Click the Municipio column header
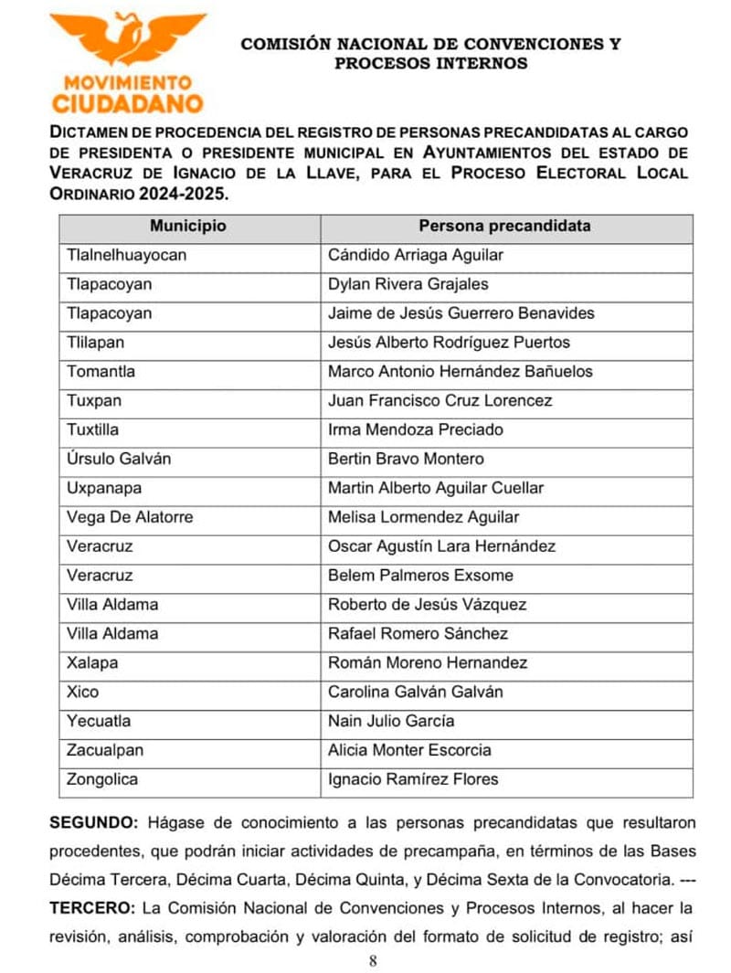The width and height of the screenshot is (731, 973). tap(188, 226)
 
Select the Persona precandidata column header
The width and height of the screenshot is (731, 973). tap(504, 226)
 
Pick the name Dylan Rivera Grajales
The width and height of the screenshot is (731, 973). tap(408, 284)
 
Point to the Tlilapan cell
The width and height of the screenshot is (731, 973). tap(96, 343)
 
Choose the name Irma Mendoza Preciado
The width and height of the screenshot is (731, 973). tap(415, 429)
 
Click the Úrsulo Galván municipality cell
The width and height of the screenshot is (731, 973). tap(119, 459)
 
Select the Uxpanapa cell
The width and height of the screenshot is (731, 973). tap(104, 488)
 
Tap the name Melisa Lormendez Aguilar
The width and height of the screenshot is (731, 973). tap(423, 517)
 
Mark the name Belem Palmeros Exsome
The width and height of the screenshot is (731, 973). tap(420, 576)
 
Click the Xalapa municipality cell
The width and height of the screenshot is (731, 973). tap(92, 662)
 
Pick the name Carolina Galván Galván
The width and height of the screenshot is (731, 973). tap(415, 692)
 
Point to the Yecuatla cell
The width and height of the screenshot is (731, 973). tap(99, 721)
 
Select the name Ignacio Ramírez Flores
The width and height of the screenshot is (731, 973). tap(413, 779)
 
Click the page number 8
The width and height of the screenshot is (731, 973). tap(373, 960)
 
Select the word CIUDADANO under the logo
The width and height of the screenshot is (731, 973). tap(127, 102)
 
